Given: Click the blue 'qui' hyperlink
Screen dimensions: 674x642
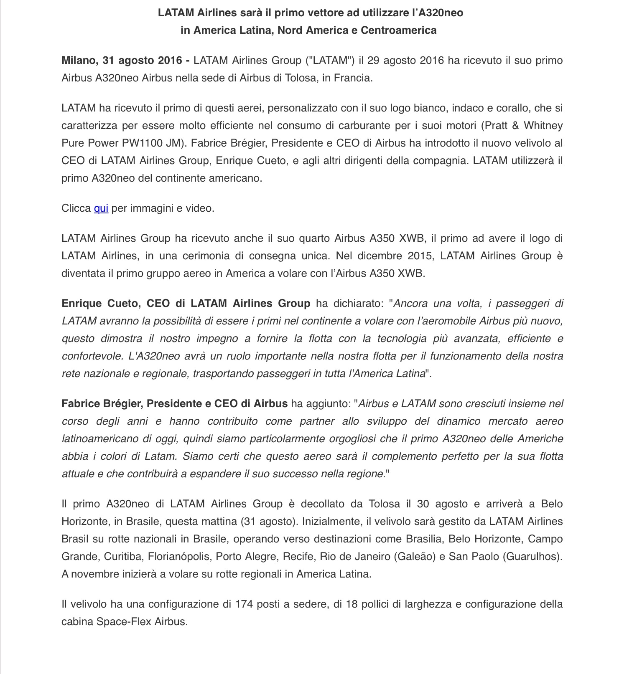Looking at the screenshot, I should [101, 208].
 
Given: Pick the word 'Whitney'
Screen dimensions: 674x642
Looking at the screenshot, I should [543, 126].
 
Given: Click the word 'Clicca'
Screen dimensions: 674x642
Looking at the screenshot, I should [76, 208].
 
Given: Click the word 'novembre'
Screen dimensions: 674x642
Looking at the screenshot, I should [91, 574].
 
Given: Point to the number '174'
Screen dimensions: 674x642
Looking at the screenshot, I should [244, 604].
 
